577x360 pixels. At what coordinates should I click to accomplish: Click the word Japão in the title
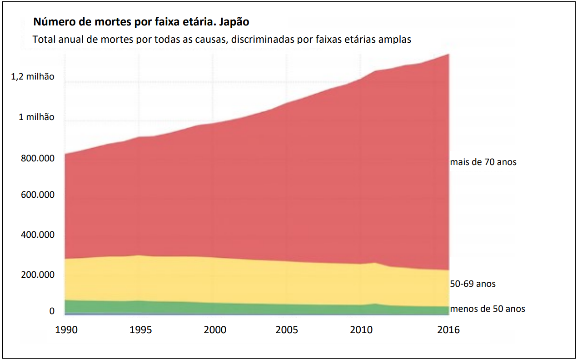234,22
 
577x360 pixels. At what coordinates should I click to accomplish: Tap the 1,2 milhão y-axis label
33,76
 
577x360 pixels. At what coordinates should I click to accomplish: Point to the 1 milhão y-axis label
37,117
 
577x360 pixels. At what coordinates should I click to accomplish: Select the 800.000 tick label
38,158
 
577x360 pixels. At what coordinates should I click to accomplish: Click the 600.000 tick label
38,195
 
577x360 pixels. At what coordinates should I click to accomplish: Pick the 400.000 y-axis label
38,235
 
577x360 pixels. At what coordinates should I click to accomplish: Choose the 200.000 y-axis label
38,275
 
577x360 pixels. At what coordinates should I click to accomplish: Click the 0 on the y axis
52,311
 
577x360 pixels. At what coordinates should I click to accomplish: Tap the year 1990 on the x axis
66,330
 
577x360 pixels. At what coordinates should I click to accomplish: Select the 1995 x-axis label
141,330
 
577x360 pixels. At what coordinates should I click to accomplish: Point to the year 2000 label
215,330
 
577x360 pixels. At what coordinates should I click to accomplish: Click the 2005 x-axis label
287,330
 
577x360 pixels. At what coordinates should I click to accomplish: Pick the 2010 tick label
361,330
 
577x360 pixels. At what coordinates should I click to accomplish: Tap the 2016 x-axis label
448,330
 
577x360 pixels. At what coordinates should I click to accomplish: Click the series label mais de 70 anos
483,162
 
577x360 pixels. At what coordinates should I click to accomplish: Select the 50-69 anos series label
473,284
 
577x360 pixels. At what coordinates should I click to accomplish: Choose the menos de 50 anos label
487,309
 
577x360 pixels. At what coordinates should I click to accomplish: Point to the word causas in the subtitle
209,40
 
